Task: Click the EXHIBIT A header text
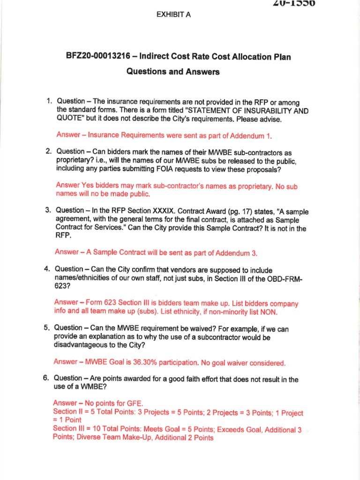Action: [x=173, y=15]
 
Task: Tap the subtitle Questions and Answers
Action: [x=173, y=72]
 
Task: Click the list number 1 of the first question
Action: [x=48, y=101]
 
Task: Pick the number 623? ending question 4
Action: [x=62, y=286]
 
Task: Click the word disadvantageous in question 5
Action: [x=84, y=345]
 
